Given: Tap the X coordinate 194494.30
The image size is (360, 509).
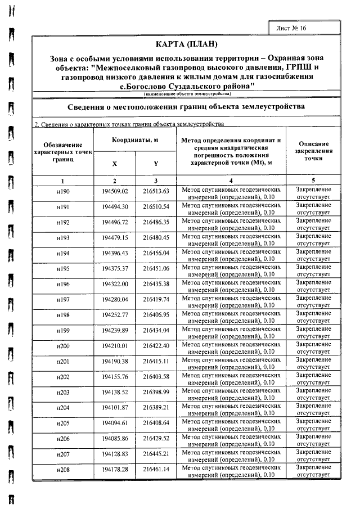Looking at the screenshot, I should coord(115,207).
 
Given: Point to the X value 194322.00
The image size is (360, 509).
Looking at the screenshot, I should coord(115,284).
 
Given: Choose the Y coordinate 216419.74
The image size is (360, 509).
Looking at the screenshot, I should coord(156,299).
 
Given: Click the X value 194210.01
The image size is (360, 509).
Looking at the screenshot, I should coord(115,345).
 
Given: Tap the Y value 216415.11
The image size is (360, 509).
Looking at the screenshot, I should coord(156,361).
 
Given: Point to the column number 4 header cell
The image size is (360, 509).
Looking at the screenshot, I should coord(231,181).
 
